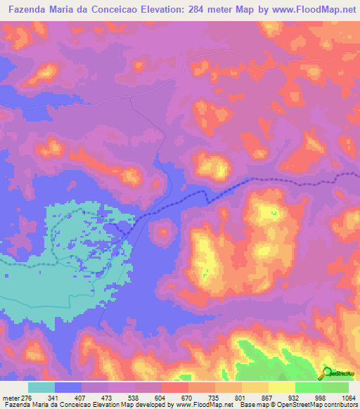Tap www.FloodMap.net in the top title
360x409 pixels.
[304, 9]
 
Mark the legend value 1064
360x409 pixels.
[336, 398]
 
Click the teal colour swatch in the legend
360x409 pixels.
[41, 387]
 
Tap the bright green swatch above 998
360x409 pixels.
[309, 387]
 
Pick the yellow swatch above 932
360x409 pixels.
[282, 387]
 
